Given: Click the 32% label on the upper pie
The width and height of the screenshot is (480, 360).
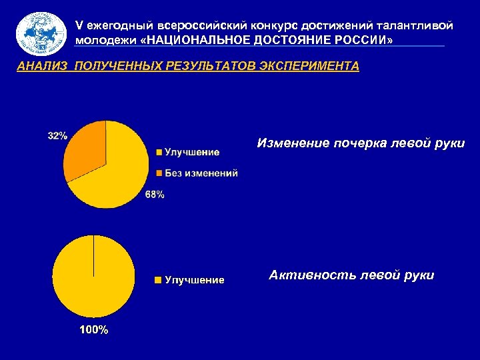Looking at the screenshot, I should click(x=57, y=135).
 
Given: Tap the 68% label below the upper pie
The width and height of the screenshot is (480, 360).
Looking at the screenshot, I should click(x=155, y=195).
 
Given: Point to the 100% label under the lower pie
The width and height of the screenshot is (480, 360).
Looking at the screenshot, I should click(x=93, y=329).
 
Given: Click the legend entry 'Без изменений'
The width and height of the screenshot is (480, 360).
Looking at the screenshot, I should click(x=201, y=173).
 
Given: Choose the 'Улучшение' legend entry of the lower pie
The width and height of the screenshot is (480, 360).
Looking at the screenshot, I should click(x=195, y=280).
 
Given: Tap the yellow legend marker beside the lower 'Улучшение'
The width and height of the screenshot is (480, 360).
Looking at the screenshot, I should click(x=158, y=280).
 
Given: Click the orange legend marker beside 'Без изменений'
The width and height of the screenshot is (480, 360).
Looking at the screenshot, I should click(x=158, y=173).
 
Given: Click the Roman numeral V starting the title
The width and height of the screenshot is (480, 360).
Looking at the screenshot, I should click(x=79, y=25).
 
